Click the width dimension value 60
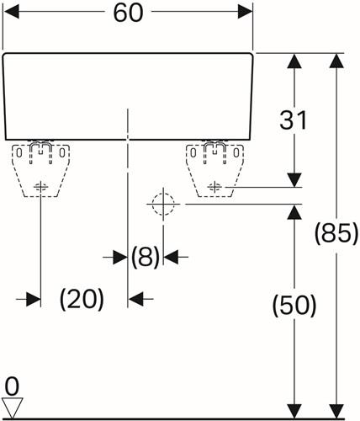point(128,13)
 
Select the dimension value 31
point(294,120)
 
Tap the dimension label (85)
point(336,232)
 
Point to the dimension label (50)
point(294,306)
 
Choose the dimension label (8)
point(146,257)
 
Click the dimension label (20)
point(82,299)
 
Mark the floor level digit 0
point(12,387)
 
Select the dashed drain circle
point(163,204)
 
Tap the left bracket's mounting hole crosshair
point(41,187)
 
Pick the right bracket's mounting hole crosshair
point(215,187)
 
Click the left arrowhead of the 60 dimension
point(11,12)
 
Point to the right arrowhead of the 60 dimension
point(245,12)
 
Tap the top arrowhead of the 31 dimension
point(294,61)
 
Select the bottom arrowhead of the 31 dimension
point(294,180)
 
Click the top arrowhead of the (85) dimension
point(336,61)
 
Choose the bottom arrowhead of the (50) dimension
point(294,412)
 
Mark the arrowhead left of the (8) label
point(120,257)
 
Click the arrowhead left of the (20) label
point(34,299)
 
